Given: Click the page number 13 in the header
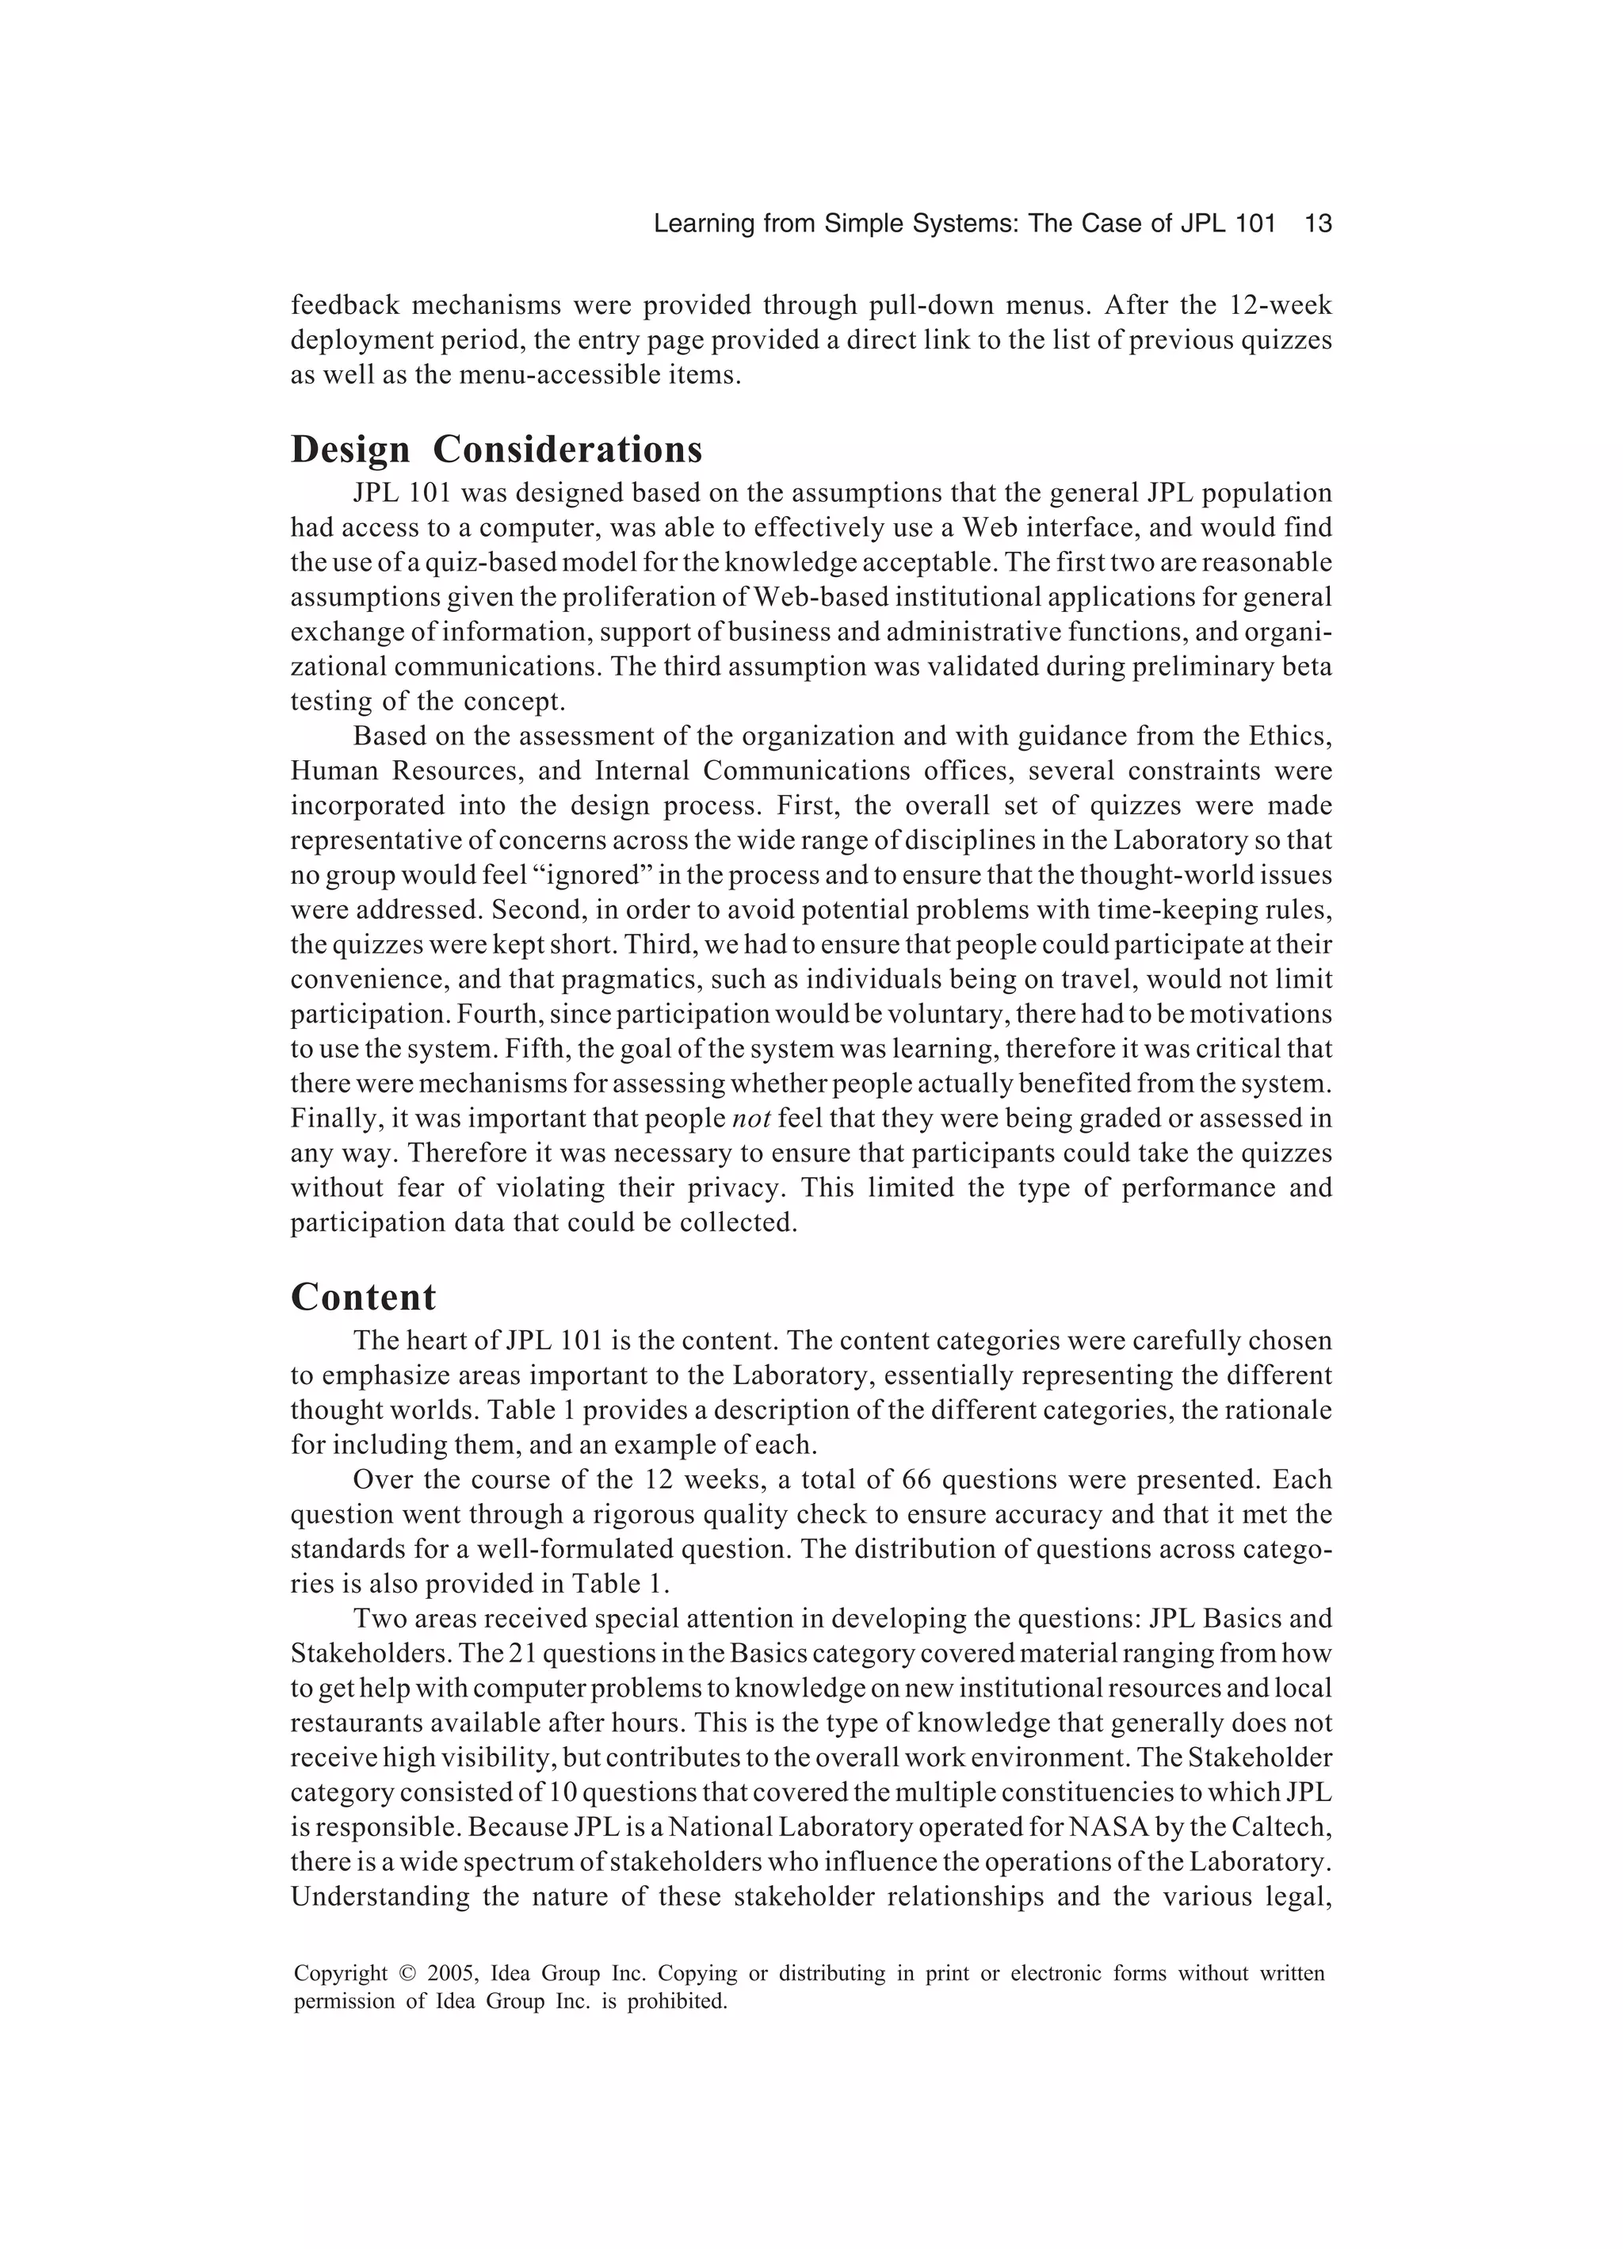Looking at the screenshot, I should (x=1318, y=224).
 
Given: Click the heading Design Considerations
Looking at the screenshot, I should (x=496, y=449).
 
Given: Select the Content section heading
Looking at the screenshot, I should (x=363, y=1297).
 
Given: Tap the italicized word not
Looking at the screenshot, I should (x=750, y=1119).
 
